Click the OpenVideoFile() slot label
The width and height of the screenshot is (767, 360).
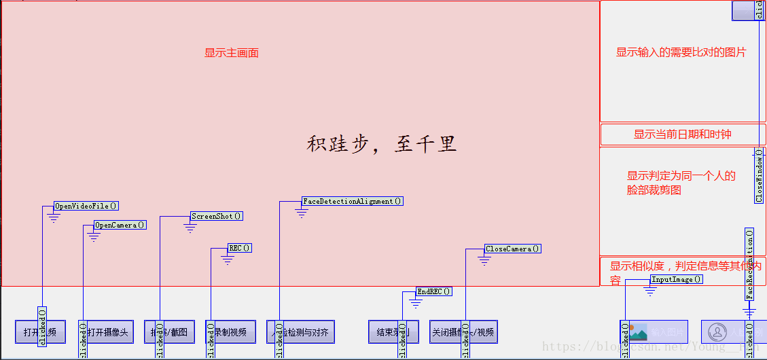(x=86, y=206)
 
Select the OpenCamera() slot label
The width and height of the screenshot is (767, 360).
(x=120, y=225)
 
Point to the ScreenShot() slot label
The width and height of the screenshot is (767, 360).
(x=217, y=216)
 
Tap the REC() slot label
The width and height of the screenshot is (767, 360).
(x=240, y=248)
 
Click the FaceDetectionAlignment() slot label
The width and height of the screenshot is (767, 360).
(x=353, y=201)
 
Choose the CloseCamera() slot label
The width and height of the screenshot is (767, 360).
(x=513, y=249)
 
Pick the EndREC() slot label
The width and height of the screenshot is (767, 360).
(x=434, y=291)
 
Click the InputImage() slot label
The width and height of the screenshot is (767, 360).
(x=676, y=279)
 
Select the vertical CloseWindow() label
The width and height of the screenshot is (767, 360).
(x=759, y=175)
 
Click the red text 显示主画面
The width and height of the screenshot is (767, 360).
(x=232, y=53)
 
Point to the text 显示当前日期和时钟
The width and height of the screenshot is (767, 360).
(x=682, y=134)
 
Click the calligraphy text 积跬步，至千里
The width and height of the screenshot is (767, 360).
(x=381, y=144)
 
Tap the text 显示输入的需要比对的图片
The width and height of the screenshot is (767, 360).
(x=681, y=52)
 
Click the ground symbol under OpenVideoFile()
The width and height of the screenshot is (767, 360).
(x=54, y=217)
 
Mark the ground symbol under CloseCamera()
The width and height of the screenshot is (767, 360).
(x=484, y=260)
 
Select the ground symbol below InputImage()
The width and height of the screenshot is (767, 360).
(x=650, y=291)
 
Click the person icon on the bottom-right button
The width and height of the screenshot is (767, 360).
(x=717, y=332)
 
